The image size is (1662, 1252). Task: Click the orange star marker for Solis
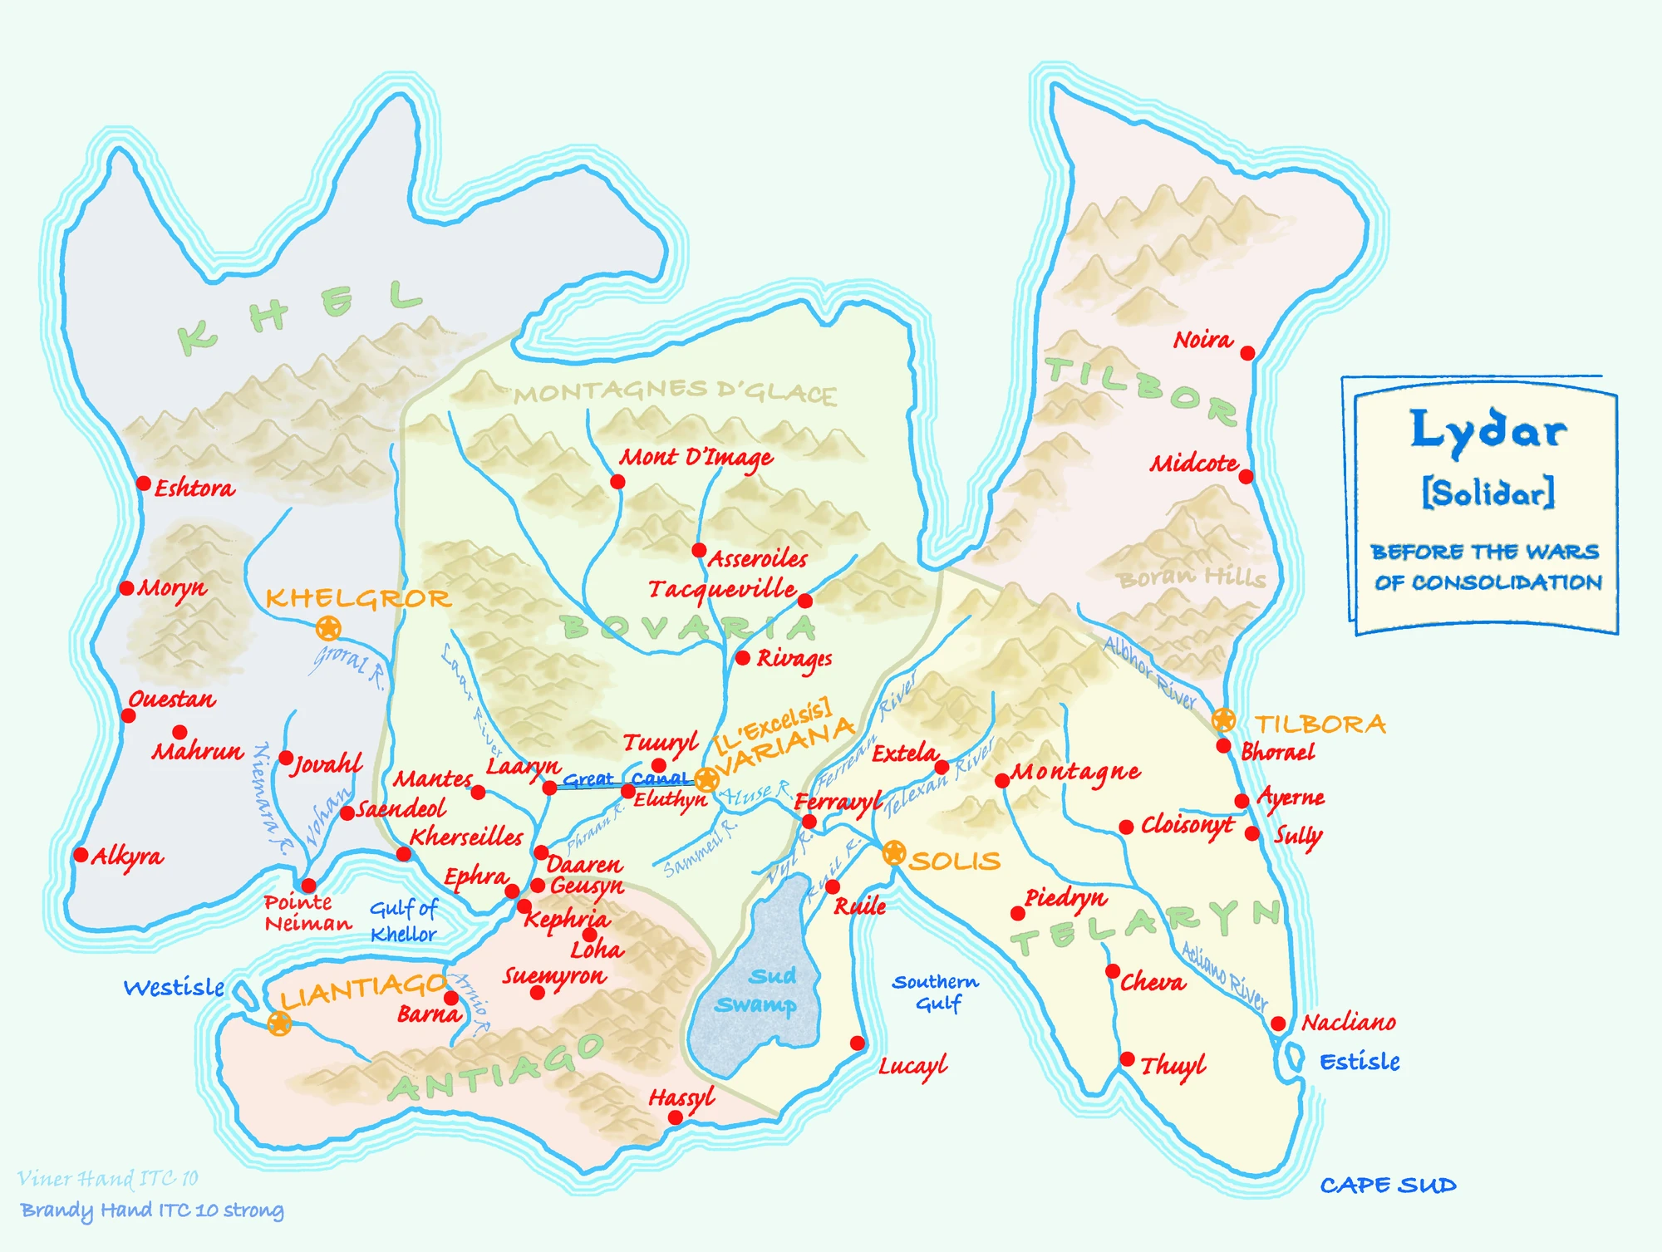pos(893,852)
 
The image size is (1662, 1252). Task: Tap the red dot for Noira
pos(1247,353)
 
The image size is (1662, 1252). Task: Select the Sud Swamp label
pos(757,990)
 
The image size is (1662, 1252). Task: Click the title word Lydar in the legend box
pos(1487,430)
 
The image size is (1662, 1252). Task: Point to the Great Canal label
pos(625,779)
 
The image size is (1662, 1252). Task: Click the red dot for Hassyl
pos(676,1118)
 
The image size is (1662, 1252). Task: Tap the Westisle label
pos(174,988)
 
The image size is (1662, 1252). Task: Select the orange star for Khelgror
pos(328,628)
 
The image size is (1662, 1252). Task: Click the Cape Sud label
pos(1388,1186)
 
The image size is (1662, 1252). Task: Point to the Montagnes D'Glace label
pos(675,392)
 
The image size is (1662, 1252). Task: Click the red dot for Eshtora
pos(143,484)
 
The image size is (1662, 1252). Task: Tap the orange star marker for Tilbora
pos(1223,719)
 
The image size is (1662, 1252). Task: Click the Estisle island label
pos(1360,1062)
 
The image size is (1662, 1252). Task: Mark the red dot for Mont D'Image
pos(617,482)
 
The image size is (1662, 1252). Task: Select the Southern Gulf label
pos(937,993)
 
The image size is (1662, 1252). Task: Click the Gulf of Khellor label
pos(403,921)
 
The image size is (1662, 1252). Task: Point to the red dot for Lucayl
pos(858,1043)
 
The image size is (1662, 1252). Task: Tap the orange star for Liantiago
pos(279,1024)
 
